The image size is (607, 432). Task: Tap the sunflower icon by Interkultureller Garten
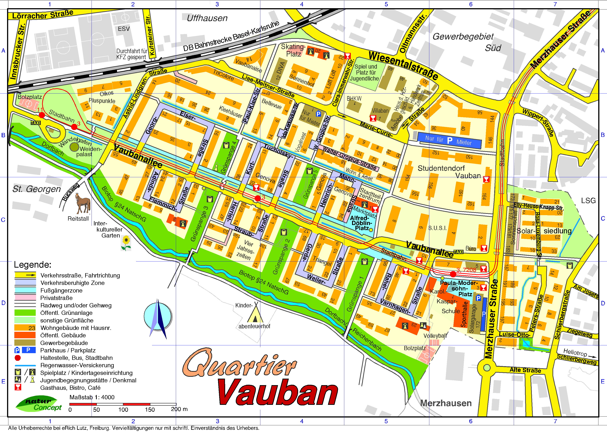point(126,243)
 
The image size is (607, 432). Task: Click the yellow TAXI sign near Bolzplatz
point(36,123)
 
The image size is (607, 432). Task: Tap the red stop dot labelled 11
point(42,115)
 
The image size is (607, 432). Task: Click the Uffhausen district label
point(207,18)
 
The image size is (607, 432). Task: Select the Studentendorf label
point(441,168)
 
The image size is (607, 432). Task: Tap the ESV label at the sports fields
point(124,29)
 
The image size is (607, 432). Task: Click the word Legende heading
point(32,265)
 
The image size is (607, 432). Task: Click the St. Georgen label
point(37,189)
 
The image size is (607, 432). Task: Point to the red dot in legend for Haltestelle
point(18,358)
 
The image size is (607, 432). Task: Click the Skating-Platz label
point(293,50)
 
